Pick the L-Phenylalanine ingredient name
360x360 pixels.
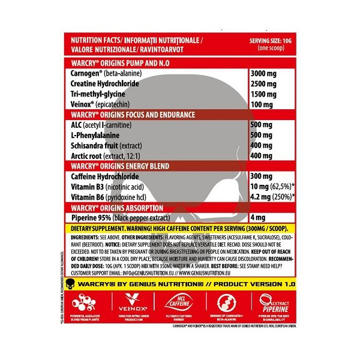pyautogui.click(x=95, y=135)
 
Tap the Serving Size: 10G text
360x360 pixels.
pyautogui.click(x=269, y=41)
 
